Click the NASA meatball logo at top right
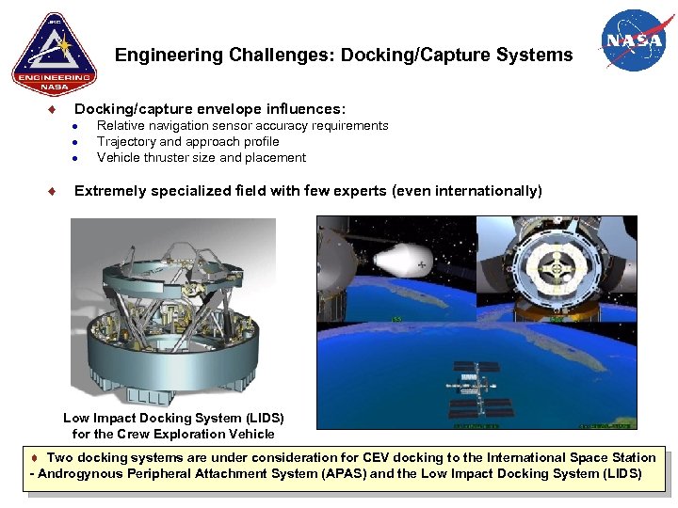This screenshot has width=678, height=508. point(635,40)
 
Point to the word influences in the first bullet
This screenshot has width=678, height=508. point(302,109)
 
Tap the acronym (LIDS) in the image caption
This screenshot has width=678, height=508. point(263,418)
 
